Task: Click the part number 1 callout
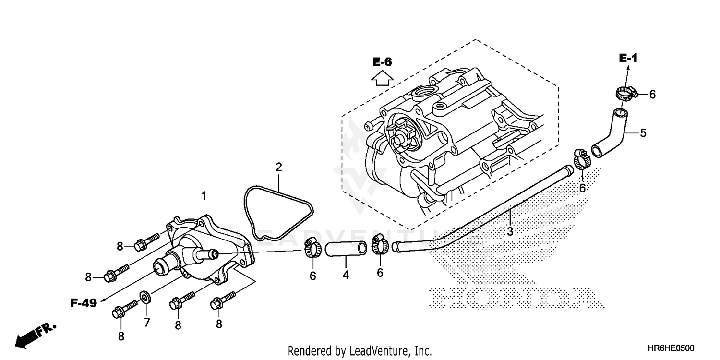204,196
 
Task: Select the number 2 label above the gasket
278,168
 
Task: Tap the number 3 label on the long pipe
510,231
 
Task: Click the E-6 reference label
383,61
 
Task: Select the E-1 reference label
628,59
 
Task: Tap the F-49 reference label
84,303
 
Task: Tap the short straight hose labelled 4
346,249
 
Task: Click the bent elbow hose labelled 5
611,132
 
